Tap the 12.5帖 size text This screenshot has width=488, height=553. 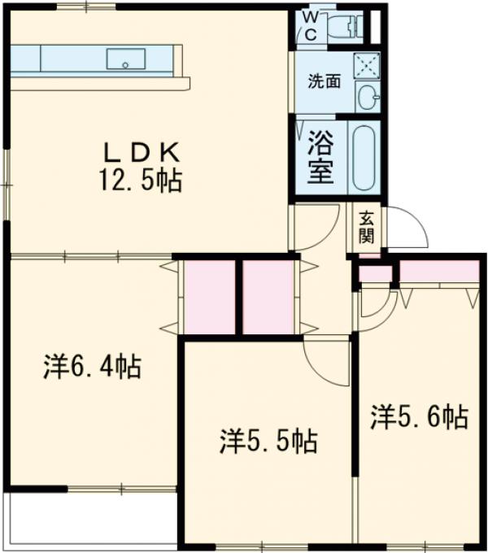click(x=141, y=181)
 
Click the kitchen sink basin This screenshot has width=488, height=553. click(x=126, y=59)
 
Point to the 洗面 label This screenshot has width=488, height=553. click(x=324, y=81)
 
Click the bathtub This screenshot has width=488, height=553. click(x=364, y=156)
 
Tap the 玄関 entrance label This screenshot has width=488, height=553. click(x=366, y=228)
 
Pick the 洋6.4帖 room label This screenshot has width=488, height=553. click(x=92, y=368)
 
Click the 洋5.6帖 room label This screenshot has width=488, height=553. click(x=419, y=417)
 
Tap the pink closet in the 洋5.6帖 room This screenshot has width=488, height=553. click(x=438, y=272)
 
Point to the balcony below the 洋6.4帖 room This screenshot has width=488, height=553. click(x=89, y=517)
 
